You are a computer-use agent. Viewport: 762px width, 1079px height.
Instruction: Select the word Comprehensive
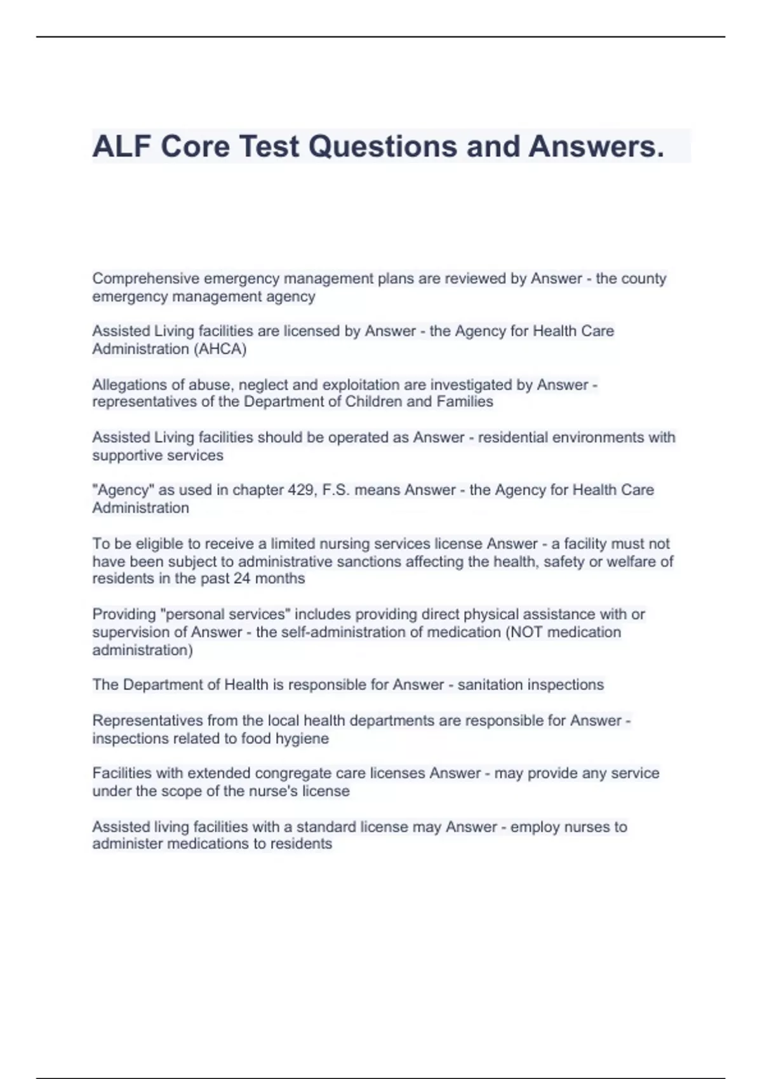145,279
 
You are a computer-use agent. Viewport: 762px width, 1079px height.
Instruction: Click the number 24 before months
242,579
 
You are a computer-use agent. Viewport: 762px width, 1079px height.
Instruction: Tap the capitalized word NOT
528,632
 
